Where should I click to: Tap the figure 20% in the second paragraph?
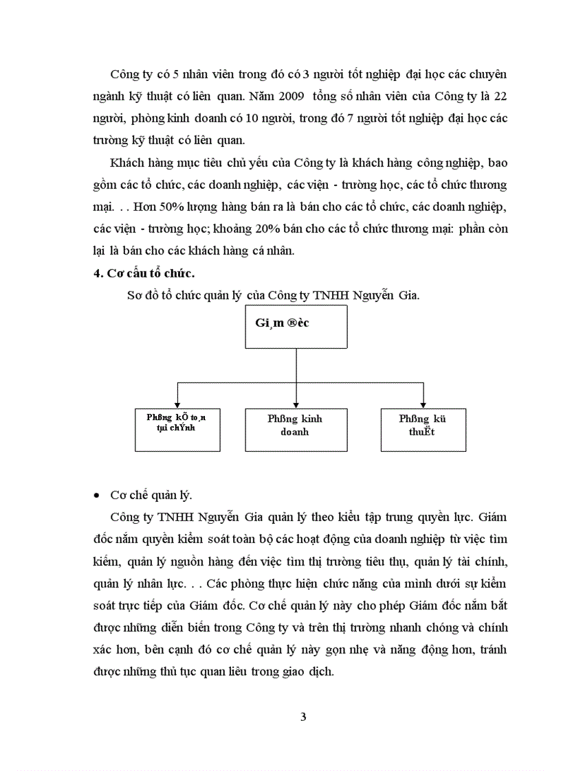[x=298, y=229]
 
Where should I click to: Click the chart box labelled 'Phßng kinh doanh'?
[x=295, y=429]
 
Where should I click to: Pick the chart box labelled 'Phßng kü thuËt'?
[x=423, y=429]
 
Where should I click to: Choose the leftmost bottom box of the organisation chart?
[x=177, y=429]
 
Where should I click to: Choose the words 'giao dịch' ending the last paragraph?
[x=310, y=673]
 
